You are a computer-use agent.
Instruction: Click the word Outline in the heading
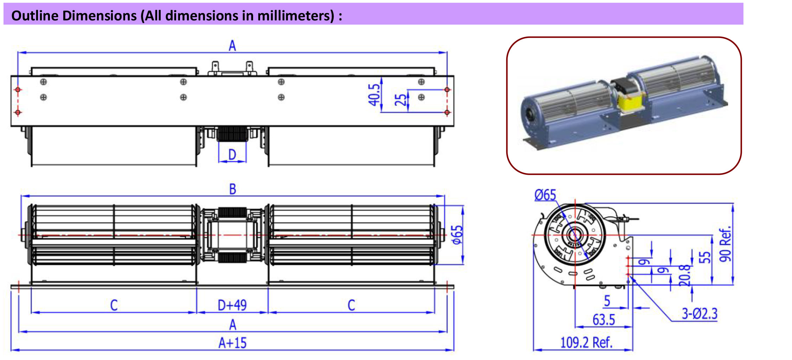click(34, 16)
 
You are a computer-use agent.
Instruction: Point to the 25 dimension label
click(400, 100)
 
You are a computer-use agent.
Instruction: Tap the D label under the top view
click(232, 154)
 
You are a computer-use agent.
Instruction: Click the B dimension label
click(232, 189)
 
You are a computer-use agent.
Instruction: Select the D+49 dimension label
click(232, 305)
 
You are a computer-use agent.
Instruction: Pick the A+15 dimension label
click(232, 343)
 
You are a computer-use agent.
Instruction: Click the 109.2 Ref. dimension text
click(586, 342)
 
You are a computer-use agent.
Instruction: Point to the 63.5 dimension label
click(604, 320)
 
